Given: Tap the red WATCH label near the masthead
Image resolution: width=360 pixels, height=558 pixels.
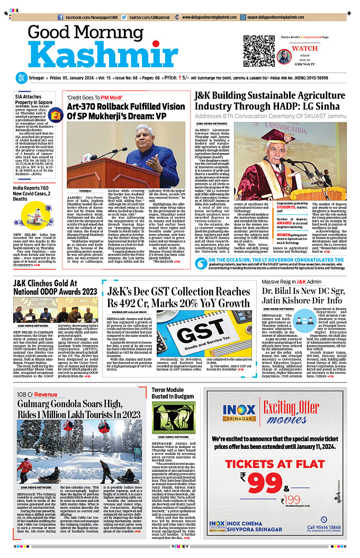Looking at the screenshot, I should click(x=304, y=49).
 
